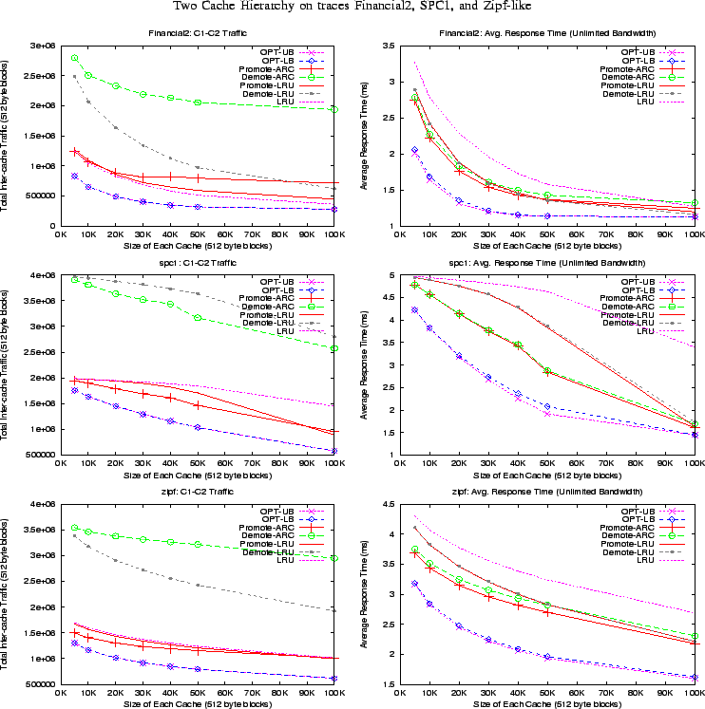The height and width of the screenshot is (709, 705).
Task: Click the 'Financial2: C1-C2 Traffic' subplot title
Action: (x=197, y=34)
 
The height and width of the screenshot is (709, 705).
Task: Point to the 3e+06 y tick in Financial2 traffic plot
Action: (x=42, y=46)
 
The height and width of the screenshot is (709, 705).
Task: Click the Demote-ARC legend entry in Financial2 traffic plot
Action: (x=269, y=77)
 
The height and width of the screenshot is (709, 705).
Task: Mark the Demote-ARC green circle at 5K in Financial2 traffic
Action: (x=75, y=57)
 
